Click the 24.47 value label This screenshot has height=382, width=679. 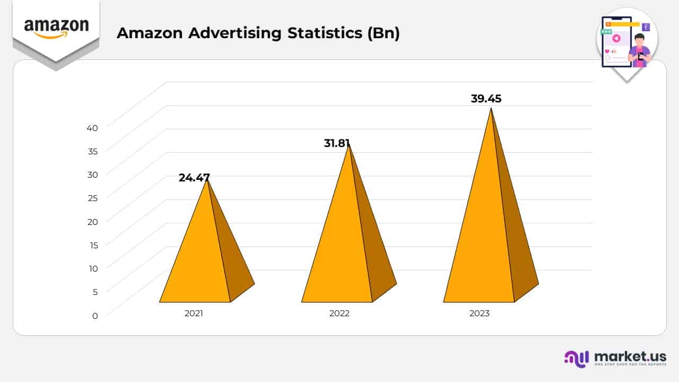click(194, 178)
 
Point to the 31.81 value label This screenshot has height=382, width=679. click(337, 143)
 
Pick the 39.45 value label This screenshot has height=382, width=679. click(486, 99)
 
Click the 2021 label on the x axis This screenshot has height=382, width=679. click(194, 313)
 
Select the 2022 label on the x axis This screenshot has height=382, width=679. click(339, 313)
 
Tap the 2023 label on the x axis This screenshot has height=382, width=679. click(480, 313)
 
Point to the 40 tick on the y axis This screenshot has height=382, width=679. click(92, 128)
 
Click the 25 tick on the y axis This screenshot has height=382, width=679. click(92, 198)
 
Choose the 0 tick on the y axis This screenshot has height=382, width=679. click(95, 316)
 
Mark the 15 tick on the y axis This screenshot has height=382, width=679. click(93, 245)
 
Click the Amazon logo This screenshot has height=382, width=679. click(56, 28)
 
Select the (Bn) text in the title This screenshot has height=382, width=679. click(382, 33)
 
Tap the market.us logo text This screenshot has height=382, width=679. click(630, 357)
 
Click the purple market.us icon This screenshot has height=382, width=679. click(577, 358)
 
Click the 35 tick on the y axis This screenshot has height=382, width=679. click(92, 151)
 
